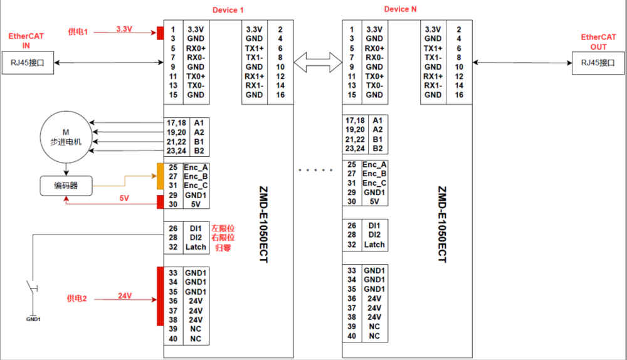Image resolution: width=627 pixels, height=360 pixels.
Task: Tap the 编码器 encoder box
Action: (65, 185)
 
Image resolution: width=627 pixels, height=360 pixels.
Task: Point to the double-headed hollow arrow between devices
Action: (317, 62)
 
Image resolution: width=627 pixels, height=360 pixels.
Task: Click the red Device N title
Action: (400, 9)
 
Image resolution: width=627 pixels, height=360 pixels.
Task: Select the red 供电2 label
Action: (78, 299)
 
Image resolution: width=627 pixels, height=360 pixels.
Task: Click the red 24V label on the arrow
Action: (126, 295)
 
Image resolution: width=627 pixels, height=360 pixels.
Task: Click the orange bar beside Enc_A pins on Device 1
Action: (159, 176)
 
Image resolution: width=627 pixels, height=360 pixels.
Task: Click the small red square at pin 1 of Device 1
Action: (160, 33)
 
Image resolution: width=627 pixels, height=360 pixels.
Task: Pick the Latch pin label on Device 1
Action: (196, 247)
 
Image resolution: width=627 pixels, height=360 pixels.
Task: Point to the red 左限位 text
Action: (223, 228)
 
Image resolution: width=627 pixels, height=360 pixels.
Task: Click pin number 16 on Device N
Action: (459, 95)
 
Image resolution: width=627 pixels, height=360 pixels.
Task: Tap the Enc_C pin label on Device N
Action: (374, 183)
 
